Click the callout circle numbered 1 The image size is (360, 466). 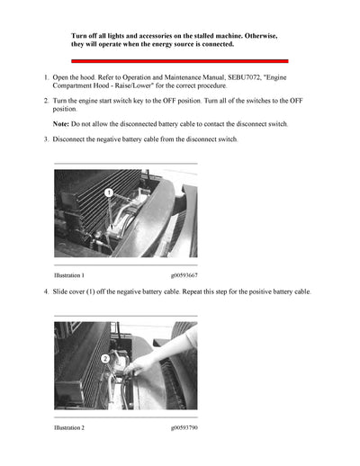click(x=109, y=193)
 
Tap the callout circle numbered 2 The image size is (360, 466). click(x=105, y=359)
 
